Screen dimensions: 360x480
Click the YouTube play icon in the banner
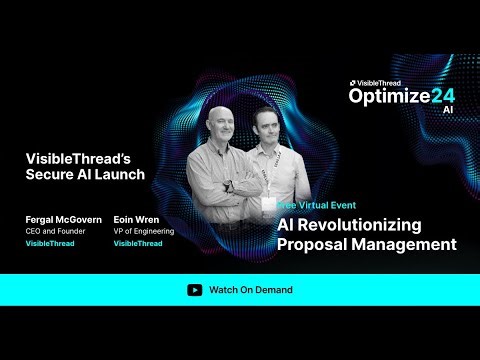[194, 290]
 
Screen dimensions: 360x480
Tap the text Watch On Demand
[250, 290]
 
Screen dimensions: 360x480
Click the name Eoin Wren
[136, 219]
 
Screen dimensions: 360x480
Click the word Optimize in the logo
[389, 96]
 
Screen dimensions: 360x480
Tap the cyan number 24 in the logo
[442, 96]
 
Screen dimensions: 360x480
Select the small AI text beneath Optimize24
[447, 111]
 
